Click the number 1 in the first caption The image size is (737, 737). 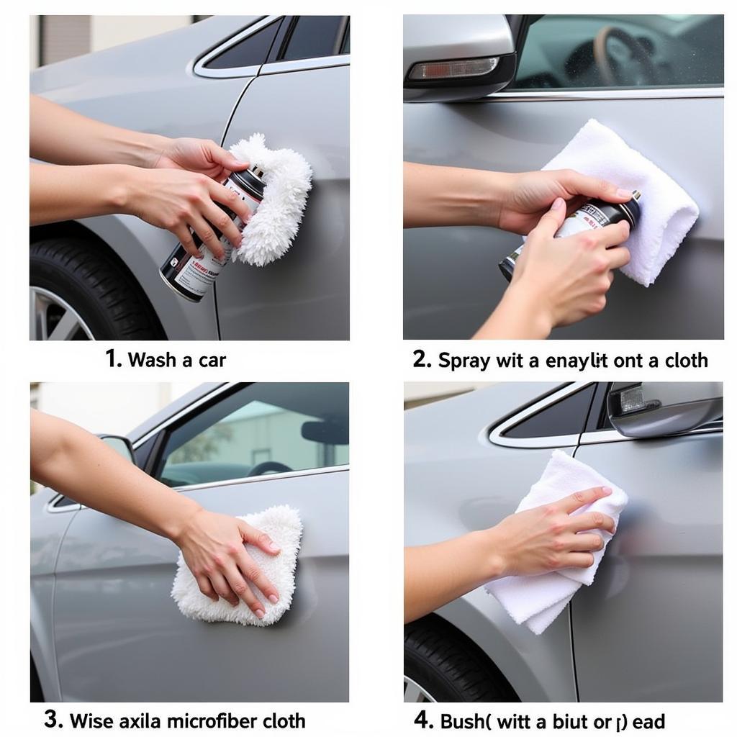[112, 358]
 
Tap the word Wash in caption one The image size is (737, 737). [152, 360]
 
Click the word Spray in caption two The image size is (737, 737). [464, 360]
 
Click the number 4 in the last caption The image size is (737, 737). [422, 719]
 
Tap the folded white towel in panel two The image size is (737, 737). [633, 202]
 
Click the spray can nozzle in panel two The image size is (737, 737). [634, 196]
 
